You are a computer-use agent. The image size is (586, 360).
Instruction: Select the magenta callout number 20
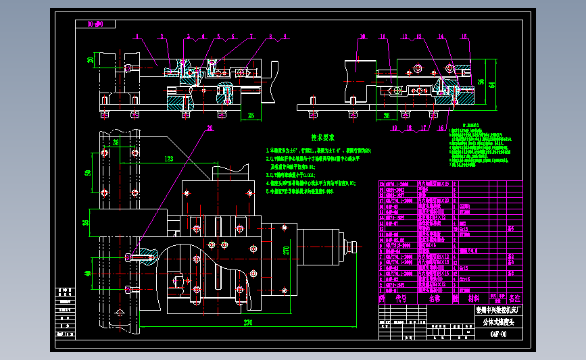pyautogui.click(x=210, y=128)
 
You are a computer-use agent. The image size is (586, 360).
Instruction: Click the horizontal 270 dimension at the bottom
pyautogui.click(x=249, y=324)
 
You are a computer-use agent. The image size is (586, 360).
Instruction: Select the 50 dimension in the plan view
pyautogui.click(x=88, y=173)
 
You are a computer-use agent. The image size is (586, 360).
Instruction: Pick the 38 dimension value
pyautogui.click(x=116, y=143)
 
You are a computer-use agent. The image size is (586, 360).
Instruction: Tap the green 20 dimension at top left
pyautogui.click(x=91, y=59)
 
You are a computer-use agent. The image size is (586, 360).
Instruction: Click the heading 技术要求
pyautogui.click(x=323, y=137)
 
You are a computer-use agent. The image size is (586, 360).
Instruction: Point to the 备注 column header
pyautogui.click(x=515, y=297)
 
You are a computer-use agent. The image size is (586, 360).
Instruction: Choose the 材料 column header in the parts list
pyautogui.click(x=472, y=297)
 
